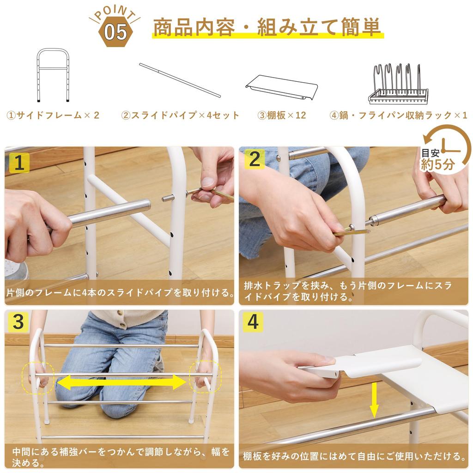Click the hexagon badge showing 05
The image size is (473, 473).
tap(116, 32)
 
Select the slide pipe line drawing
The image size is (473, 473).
tap(180, 80)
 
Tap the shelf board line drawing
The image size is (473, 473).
tap(281, 87)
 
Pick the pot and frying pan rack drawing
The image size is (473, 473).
tap(398, 84)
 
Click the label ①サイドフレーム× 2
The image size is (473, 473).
tap(53, 115)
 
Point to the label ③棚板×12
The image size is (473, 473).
tap(281, 115)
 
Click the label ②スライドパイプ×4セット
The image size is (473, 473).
tap(180, 115)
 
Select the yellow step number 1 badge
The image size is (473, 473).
tap(19, 163)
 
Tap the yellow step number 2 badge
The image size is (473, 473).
tap(255, 159)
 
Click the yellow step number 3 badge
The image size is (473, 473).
tap(18, 322)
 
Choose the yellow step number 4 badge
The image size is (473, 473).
tap(253, 322)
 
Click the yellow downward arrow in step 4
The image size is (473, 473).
tap(374, 400)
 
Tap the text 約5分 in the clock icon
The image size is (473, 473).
tap(438, 165)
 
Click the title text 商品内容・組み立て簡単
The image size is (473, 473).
tap(267, 27)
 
